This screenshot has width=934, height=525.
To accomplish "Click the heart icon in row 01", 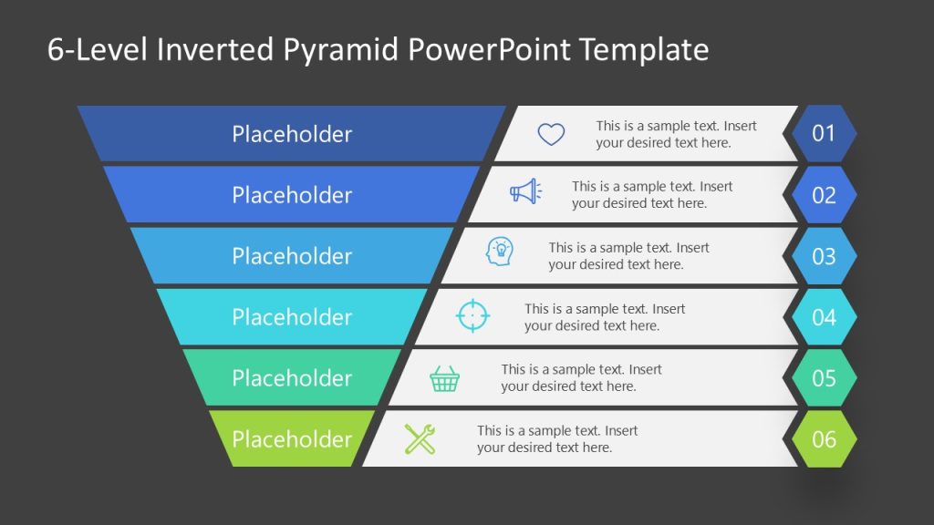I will pyautogui.click(x=551, y=135).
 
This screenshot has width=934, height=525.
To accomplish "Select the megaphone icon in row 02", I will pyautogui.click(x=524, y=191).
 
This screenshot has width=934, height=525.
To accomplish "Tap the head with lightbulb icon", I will pyautogui.click(x=500, y=252).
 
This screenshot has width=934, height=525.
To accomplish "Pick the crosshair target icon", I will pyautogui.click(x=472, y=315).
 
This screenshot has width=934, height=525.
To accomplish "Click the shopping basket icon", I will pyautogui.click(x=445, y=378).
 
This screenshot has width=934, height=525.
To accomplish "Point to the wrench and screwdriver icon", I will pyautogui.click(x=420, y=439).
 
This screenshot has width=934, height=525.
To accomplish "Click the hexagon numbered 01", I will pyautogui.click(x=824, y=134).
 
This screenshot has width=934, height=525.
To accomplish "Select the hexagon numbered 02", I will pyautogui.click(x=824, y=195).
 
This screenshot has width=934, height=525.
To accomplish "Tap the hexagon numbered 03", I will pyautogui.click(x=824, y=256).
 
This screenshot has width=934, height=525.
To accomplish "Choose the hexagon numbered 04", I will pyautogui.click(x=824, y=317).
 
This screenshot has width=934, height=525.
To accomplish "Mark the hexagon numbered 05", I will pyautogui.click(x=824, y=378).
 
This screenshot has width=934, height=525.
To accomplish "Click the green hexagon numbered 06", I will pyautogui.click(x=824, y=439).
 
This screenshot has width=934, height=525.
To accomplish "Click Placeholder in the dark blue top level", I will pyautogui.click(x=292, y=134).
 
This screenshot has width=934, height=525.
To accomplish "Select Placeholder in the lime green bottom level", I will pyautogui.click(x=292, y=439).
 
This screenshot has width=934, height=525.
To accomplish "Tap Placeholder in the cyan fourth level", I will pyautogui.click(x=292, y=317).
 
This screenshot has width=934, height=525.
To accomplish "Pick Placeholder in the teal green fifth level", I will pyautogui.click(x=292, y=378).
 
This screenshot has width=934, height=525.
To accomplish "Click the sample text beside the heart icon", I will pyautogui.click(x=676, y=134).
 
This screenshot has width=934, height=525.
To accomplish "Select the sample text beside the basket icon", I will pyautogui.click(x=581, y=378).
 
